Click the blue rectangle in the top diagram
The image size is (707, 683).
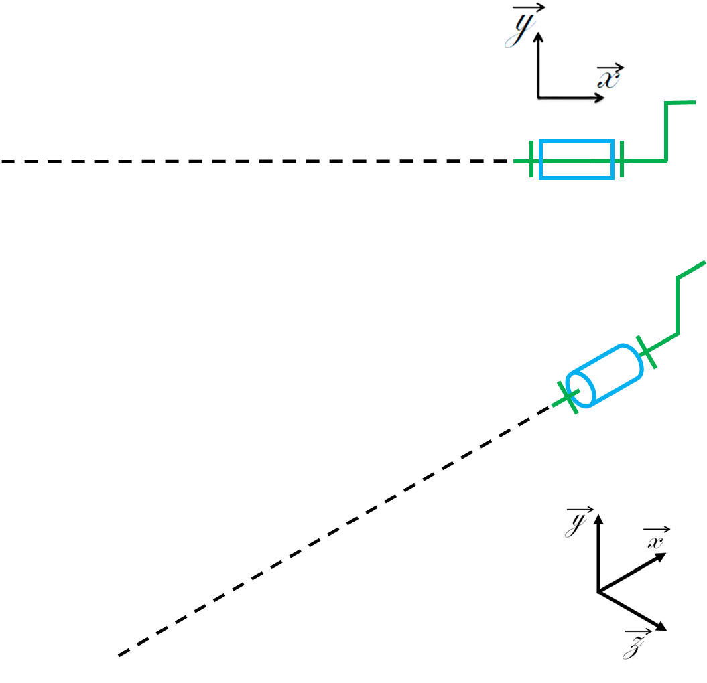pos(577,141)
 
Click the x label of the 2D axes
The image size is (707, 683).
pos(610,76)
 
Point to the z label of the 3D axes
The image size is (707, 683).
pos(636,645)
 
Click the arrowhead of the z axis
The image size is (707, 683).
pos(661,627)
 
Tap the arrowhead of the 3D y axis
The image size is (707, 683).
pos(598,519)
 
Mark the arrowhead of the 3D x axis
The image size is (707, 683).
pos(661,557)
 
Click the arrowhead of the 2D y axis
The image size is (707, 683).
pos(538,37)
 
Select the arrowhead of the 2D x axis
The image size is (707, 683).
pos(599,98)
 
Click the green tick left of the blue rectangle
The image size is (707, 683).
pos(531,159)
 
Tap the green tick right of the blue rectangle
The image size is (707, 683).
pos(622,159)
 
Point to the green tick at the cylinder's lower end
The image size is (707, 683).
pos(568,397)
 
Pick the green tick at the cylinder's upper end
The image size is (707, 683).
pos(646,352)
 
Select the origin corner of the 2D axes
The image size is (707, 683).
pos(538,98)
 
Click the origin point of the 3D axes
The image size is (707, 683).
pos(598,591)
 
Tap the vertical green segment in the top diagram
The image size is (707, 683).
pos(666,131)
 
